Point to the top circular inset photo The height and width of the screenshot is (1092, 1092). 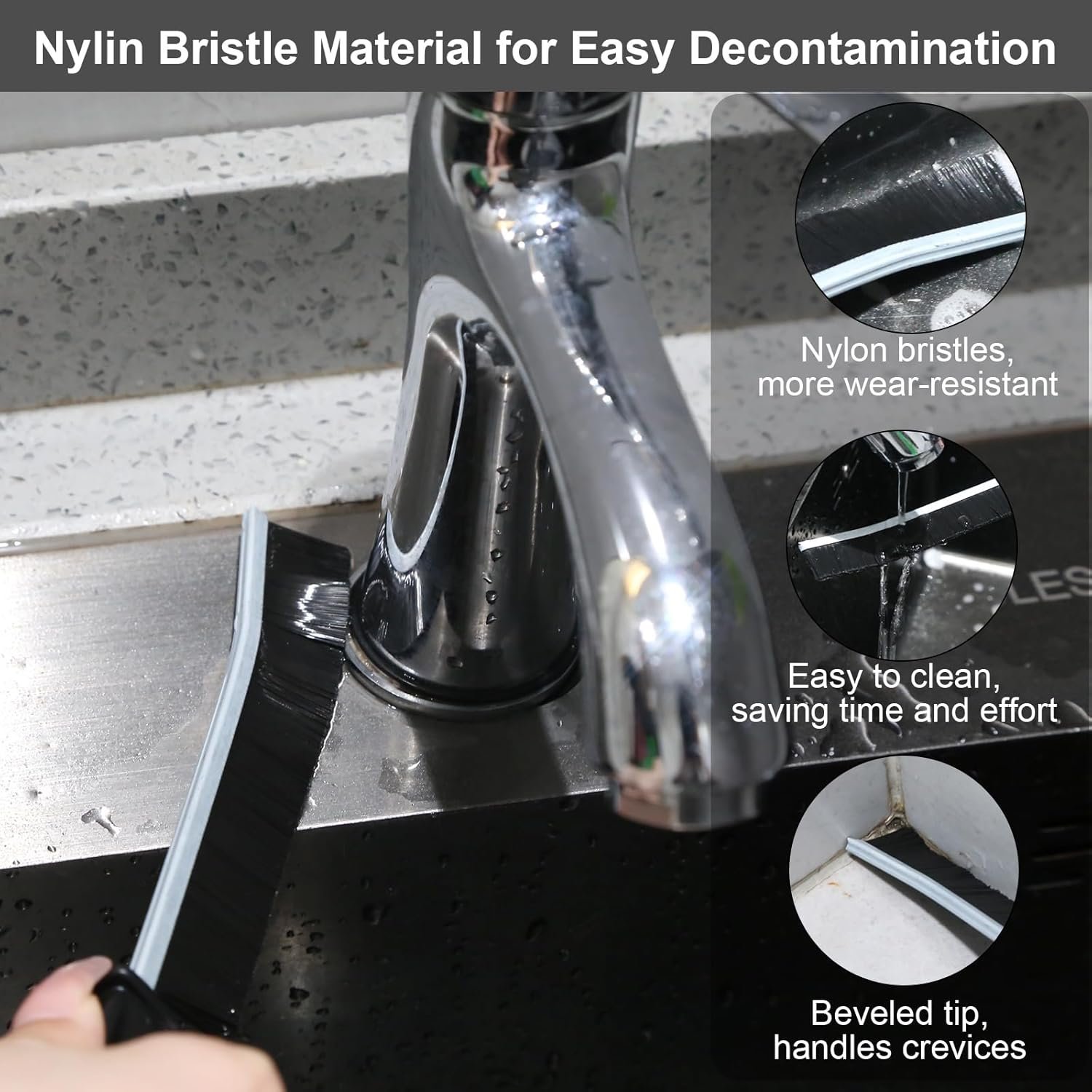(x=910, y=218)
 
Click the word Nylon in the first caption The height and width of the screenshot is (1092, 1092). (x=844, y=351)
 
